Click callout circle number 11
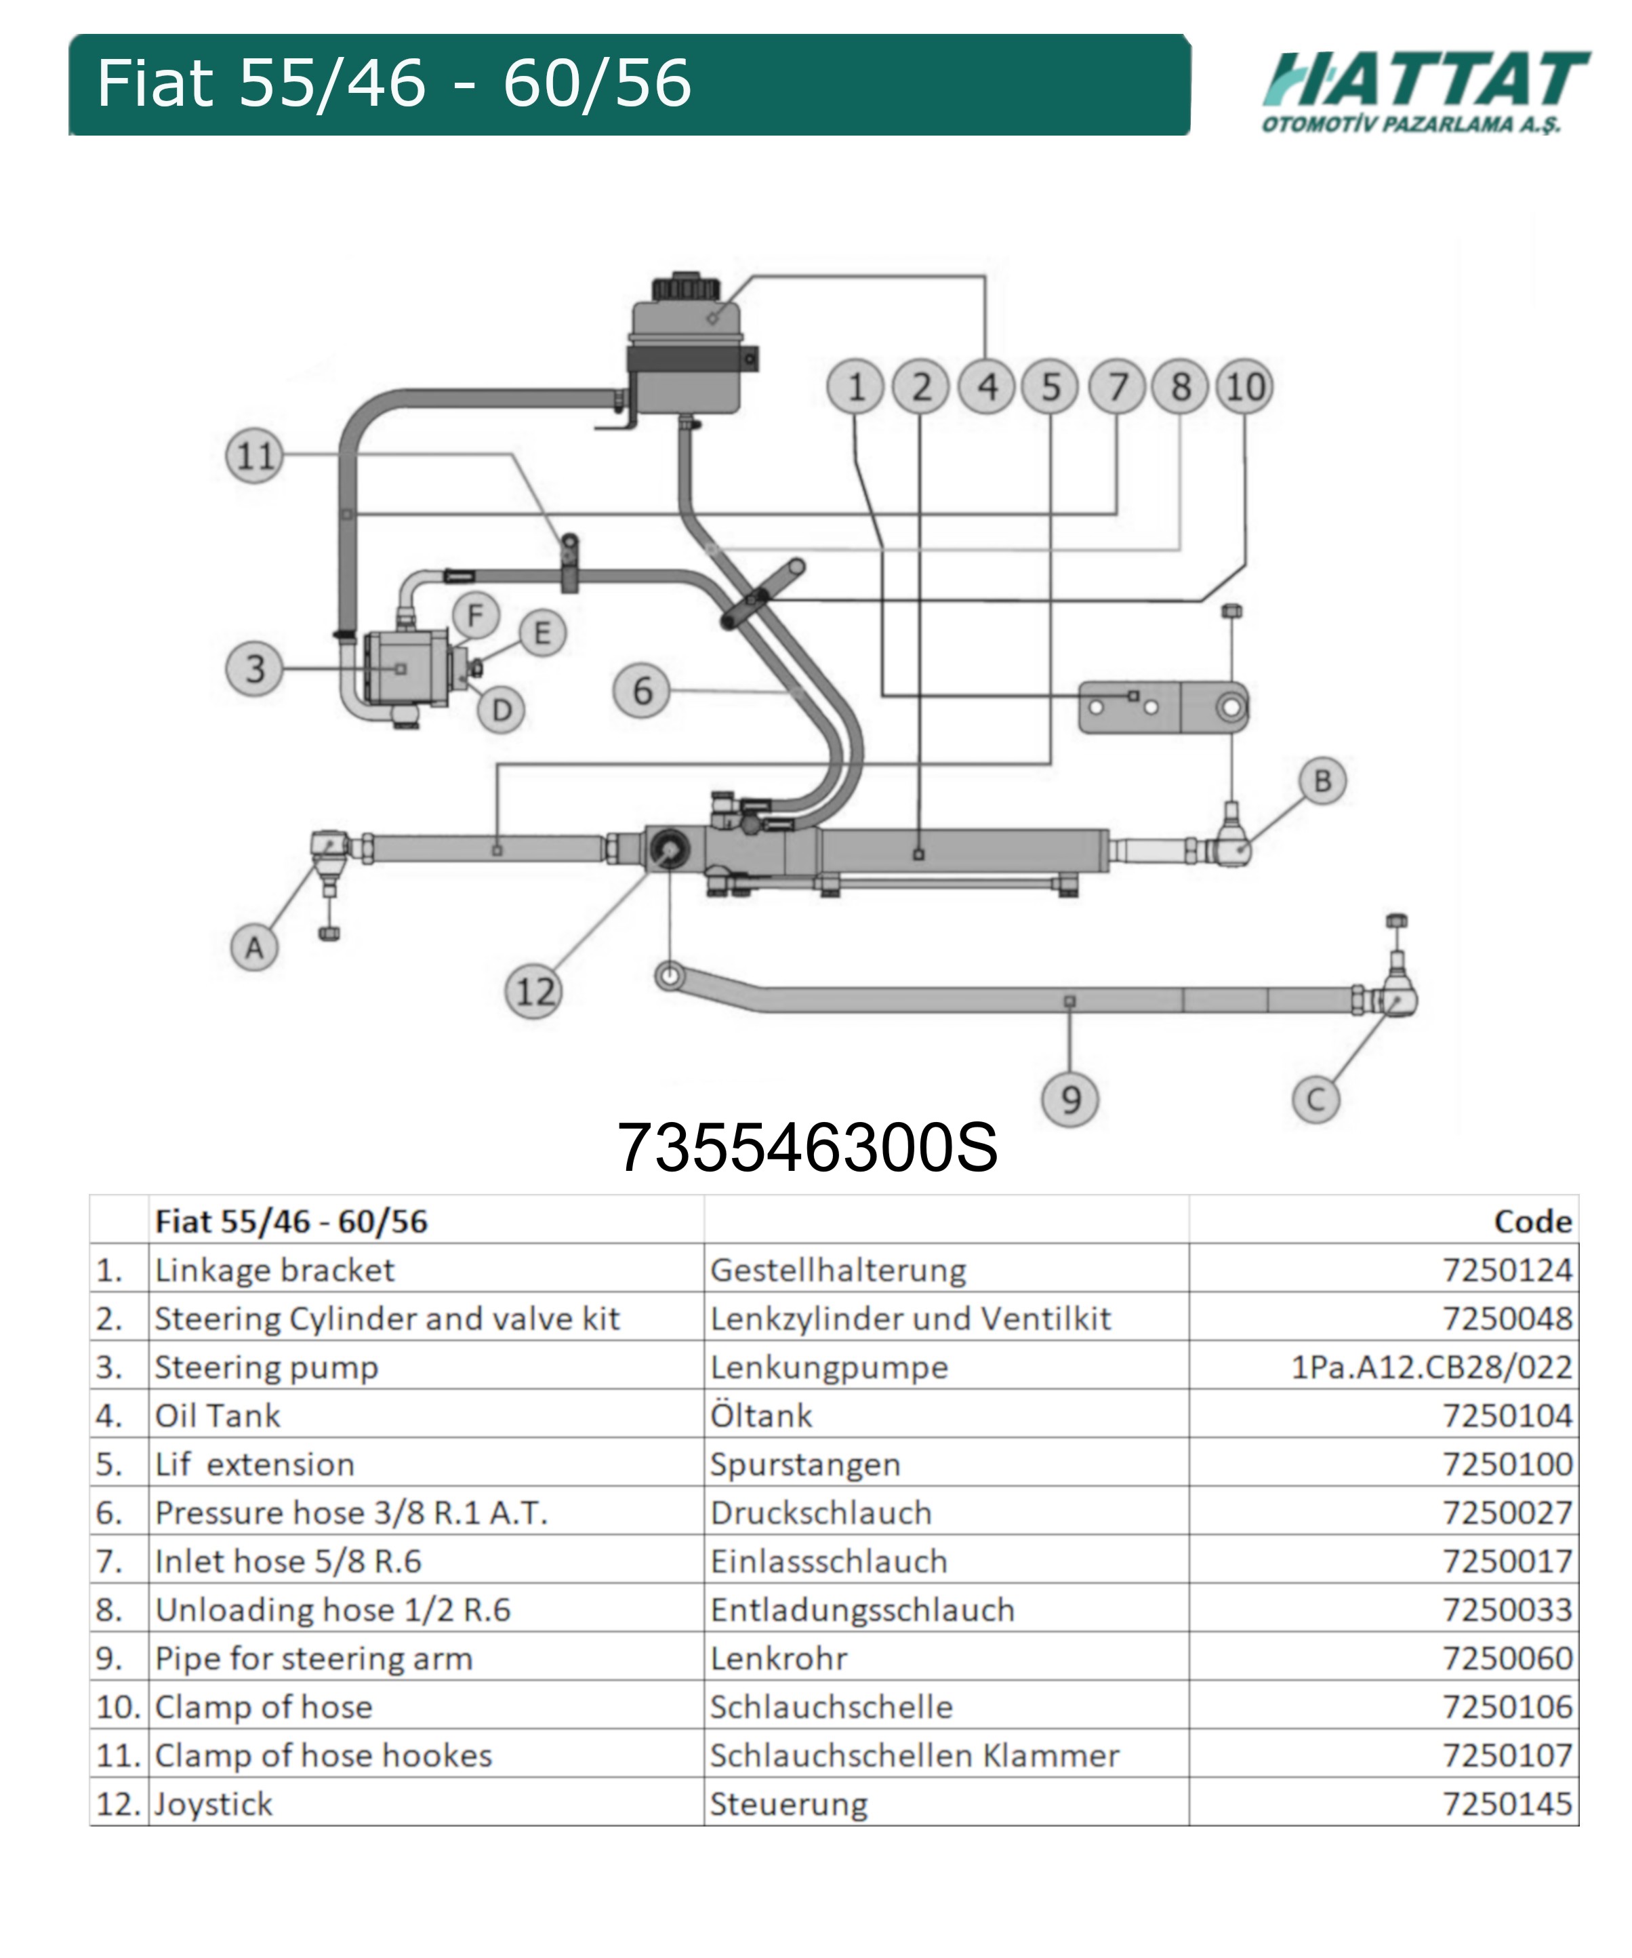click(x=254, y=456)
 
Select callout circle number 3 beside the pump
click(x=254, y=668)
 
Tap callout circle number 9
click(x=1070, y=1099)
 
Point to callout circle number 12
click(x=534, y=991)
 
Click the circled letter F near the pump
click(x=475, y=616)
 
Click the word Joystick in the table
click(x=213, y=1803)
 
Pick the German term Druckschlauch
click(x=820, y=1513)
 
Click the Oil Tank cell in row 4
click(x=217, y=1416)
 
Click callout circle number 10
click(x=1245, y=386)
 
